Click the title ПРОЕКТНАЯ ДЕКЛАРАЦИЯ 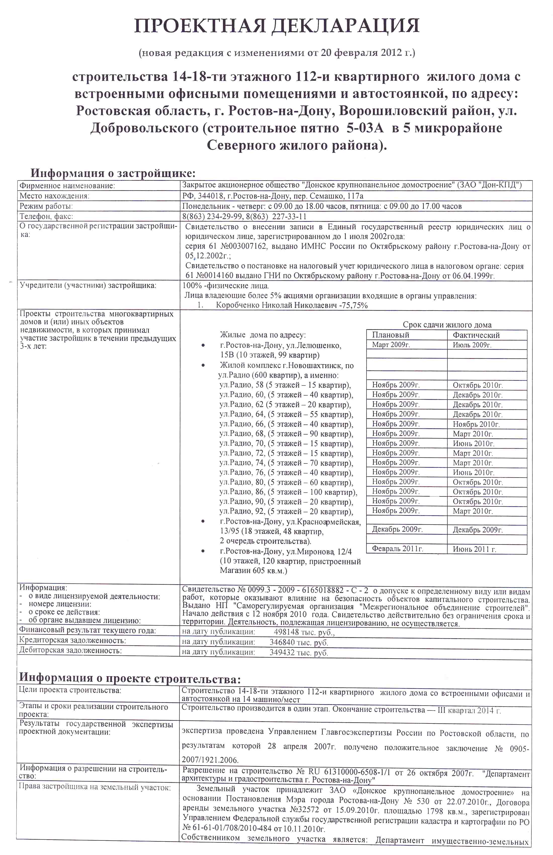coord(276,26)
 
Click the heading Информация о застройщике coord(113,173)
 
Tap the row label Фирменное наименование coord(67,186)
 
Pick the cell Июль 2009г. coord(472,345)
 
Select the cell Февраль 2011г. coord(397,548)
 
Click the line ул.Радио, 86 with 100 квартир coord(288,492)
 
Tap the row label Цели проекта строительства coord(70,690)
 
